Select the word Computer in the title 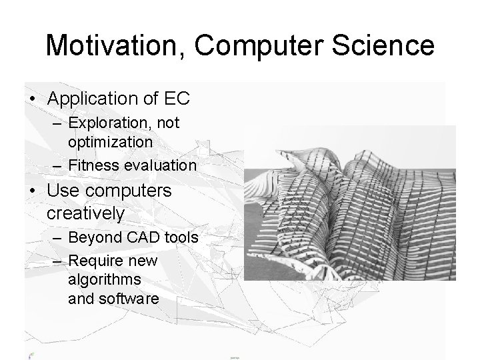click(254, 46)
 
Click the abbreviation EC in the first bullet click(177, 99)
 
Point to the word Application click(91, 99)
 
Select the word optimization click(110, 141)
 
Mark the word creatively click(85, 214)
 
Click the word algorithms click(104, 279)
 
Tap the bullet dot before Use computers click(32, 191)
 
